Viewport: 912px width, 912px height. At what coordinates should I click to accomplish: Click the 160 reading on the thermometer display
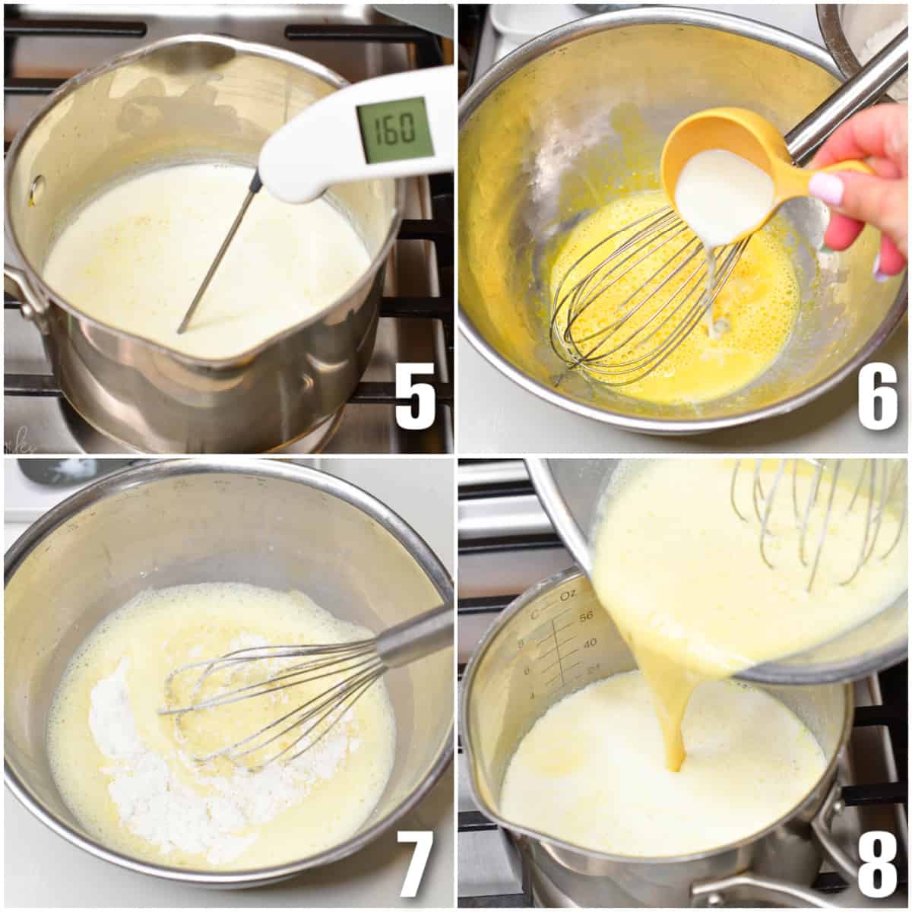(395, 130)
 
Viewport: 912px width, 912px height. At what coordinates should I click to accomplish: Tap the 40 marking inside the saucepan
(589, 643)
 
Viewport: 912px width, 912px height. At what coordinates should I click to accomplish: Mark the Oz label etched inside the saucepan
(567, 596)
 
